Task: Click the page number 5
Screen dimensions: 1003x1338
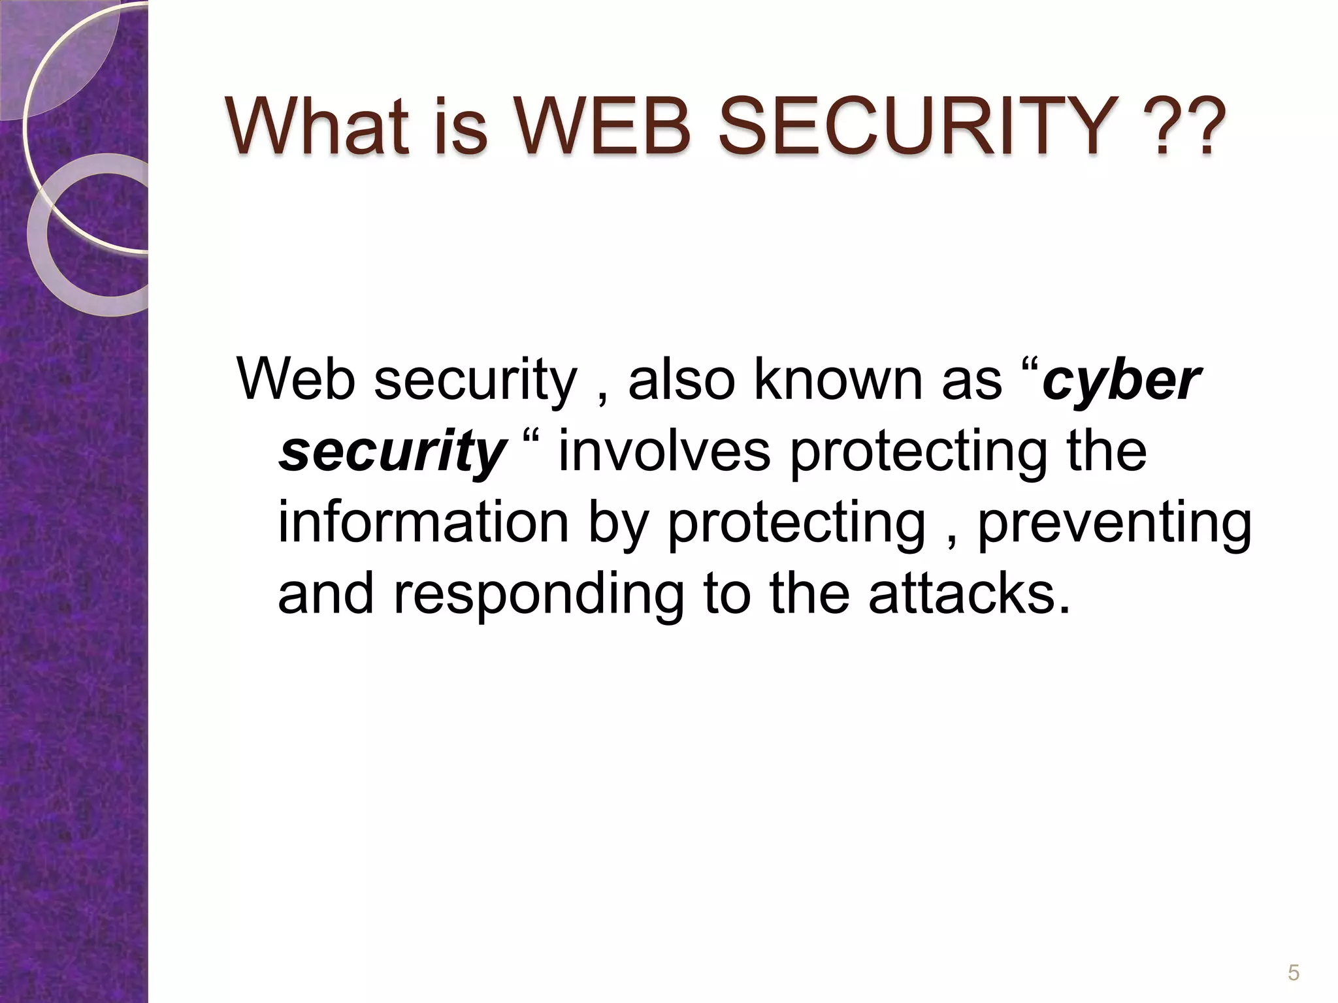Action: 1293,973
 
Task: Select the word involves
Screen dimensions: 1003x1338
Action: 664,451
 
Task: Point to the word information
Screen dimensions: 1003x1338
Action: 423,523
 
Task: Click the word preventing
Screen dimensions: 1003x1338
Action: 1115,523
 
